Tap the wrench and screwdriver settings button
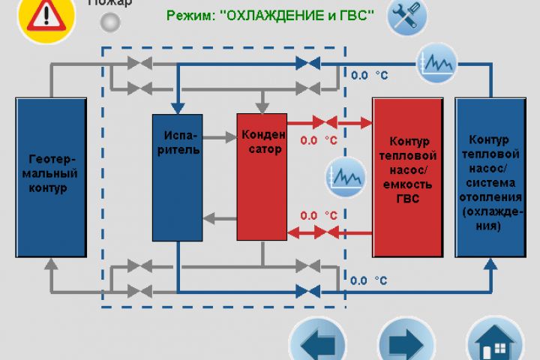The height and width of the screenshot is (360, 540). point(407,16)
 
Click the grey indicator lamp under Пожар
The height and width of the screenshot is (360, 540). point(110,22)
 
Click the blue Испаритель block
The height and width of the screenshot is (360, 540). point(178,177)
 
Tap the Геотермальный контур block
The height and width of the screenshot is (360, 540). point(50,177)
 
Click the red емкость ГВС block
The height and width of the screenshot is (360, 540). point(407,176)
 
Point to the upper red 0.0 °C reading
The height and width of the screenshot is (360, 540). point(319,140)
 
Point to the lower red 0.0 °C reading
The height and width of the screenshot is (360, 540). point(319,215)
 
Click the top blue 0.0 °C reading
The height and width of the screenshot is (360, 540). point(369,75)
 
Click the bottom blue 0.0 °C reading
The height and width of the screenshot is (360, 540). point(369,280)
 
